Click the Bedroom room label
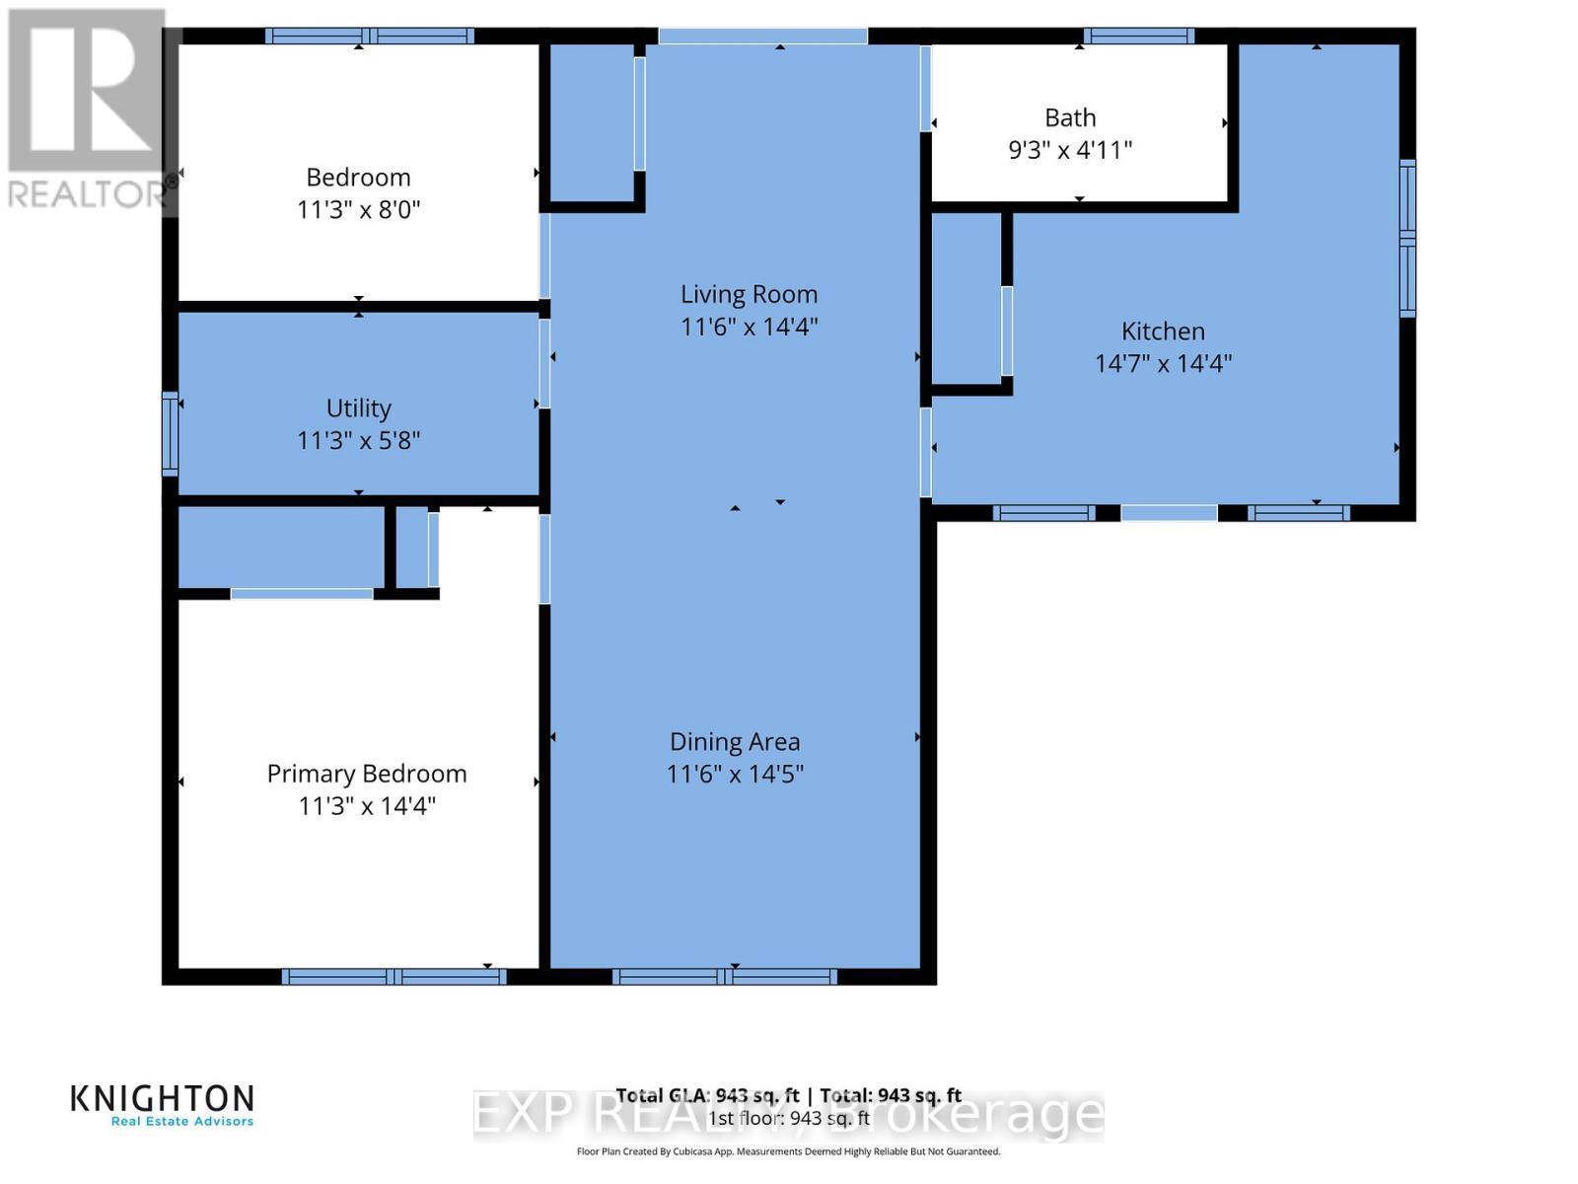tap(358, 178)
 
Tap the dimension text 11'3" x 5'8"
tap(358, 440)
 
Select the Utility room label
tap(358, 407)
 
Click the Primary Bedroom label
tap(366, 774)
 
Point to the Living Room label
tap(749, 294)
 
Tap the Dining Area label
tap(735, 742)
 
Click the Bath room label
tap(1070, 117)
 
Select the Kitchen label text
tap(1163, 332)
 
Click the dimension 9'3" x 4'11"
tap(1070, 150)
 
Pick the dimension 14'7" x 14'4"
tap(1163, 363)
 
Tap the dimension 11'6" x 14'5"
tap(735, 774)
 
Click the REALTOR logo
tap(89, 109)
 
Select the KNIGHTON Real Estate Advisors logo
tap(163, 1105)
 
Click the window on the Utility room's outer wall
tap(170, 434)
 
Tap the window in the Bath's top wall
tap(1139, 37)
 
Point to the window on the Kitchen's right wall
tap(1407, 238)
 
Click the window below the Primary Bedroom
tap(394, 977)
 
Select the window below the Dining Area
tap(724, 977)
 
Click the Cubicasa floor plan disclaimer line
tap(788, 1151)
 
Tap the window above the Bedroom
tap(369, 37)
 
